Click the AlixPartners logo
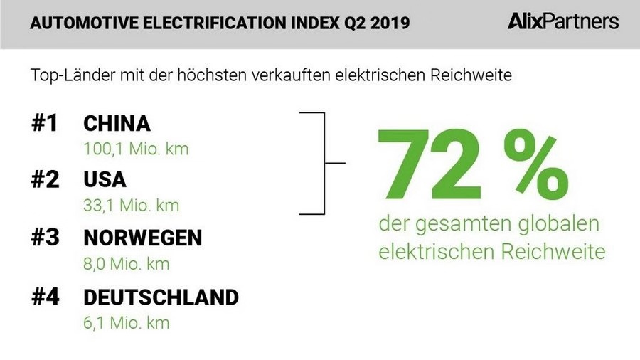pyautogui.click(x=563, y=22)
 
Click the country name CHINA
pyautogui.click(x=117, y=124)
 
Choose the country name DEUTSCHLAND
pyautogui.click(x=161, y=296)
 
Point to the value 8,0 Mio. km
pyautogui.click(x=127, y=264)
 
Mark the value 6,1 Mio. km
pyautogui.click(x=127, y=322)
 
